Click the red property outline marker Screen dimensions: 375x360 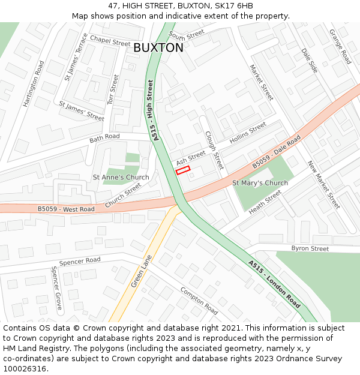182,170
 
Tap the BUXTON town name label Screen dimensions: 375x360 158,48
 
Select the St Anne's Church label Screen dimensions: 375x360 121,178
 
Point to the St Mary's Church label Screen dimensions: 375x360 260,183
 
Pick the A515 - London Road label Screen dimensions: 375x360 275,284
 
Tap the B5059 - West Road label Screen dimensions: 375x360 66,209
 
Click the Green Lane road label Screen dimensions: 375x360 142,271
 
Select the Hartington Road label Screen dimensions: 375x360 34,84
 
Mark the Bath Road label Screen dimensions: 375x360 104,137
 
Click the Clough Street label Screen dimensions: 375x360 214,150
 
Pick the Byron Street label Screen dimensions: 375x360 310,248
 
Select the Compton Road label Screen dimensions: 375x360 199,301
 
